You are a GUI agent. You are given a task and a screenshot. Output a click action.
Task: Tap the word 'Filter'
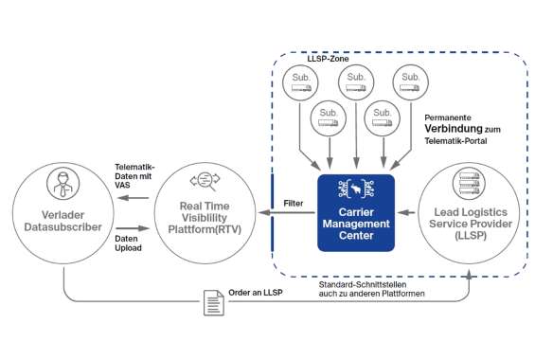point(294,202)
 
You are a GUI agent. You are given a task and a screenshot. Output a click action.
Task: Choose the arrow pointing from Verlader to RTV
point(134,227)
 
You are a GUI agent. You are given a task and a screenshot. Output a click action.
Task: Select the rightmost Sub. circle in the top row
point(409,83)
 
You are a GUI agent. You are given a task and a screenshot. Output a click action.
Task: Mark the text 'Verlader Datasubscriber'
point(60,219)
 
